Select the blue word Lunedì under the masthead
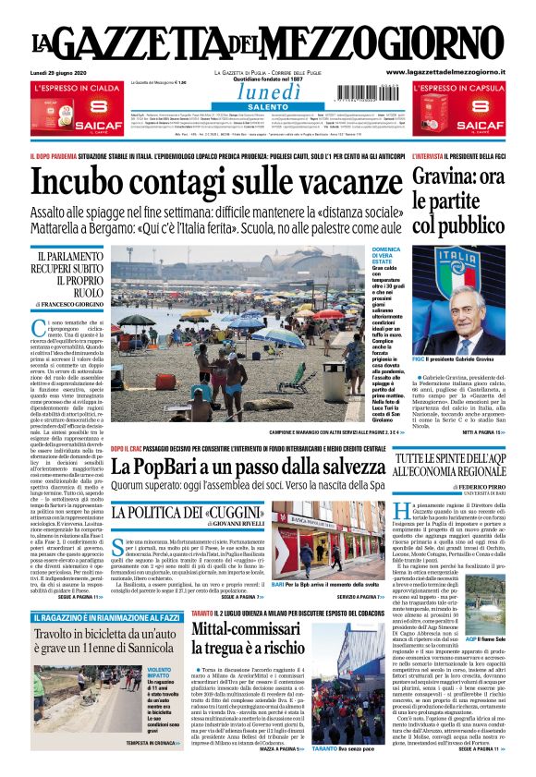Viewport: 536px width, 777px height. coord(268,91)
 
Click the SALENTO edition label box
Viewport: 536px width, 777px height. coord(268,107)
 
